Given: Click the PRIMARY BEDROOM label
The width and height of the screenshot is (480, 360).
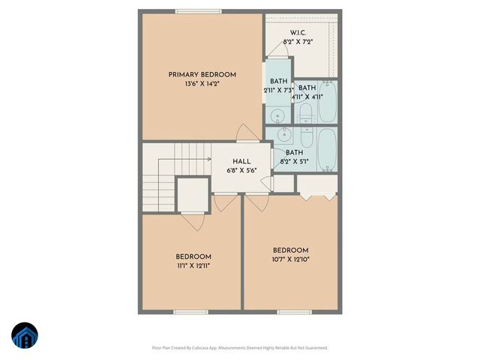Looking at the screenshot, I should (x=202, y=74).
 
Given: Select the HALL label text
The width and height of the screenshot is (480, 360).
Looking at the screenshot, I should (x=241, y=161).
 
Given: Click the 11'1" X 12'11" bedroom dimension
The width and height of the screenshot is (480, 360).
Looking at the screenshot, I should (x=193, y=265).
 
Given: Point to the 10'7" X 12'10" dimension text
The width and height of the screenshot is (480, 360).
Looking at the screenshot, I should (x=290, y=259).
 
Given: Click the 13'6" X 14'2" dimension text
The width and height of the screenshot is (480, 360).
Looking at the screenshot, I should (x=202, y=84).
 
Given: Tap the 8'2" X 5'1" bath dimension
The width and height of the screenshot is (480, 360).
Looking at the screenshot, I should (x=295, y=161).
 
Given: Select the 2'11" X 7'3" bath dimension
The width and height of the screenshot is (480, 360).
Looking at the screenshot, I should (x=277, y=90).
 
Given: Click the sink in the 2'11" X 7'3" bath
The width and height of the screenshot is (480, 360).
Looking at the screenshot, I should (x=277, y=115).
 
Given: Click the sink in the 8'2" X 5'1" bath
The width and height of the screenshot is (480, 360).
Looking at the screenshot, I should (x=284, y=134).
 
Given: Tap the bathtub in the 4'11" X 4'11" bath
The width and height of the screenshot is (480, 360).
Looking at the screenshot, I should (x=328, y=103).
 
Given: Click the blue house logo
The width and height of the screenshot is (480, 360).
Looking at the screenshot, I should (x=24, y=335).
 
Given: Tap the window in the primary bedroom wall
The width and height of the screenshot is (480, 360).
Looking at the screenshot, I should (x=199, y=11).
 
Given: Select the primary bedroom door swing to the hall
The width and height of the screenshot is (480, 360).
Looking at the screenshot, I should (x=244, y=133).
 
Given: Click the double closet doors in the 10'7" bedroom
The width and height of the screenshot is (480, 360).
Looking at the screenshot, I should (x=316, y=193).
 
